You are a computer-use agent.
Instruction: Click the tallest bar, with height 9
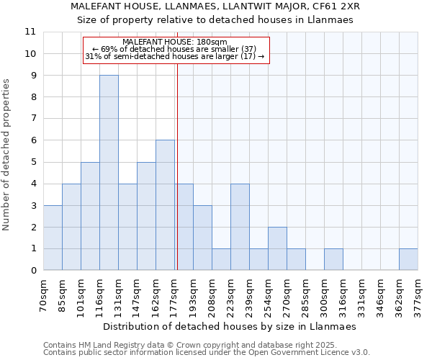(109, 173)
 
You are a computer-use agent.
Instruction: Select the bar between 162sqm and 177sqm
(165, 205)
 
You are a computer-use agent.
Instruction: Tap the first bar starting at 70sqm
(53, 238)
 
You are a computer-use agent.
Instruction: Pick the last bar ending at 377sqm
(408, 259)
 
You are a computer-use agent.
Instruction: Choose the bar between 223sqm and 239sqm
(240, 227)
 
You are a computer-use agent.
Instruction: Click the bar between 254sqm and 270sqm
(277, 248)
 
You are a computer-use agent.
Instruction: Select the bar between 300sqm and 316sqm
(333, 259)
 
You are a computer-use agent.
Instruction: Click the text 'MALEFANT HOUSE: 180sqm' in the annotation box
(175, 42)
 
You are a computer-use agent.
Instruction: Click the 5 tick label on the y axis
(33, 162)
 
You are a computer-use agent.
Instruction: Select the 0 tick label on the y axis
(33, 271)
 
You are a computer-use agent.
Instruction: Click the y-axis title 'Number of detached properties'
(6, 155)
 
